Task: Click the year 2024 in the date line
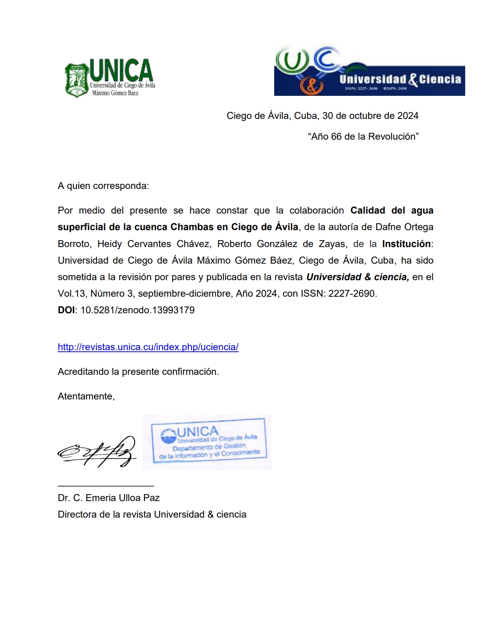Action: [x=407, y=116]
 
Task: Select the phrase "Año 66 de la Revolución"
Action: [x=363, y=137]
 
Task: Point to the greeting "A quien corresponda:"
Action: [x=103, y=186]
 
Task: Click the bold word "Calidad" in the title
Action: [x=367, y=211]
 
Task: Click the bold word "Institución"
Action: [x=406, y=244]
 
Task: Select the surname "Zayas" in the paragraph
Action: [x=332, y=244]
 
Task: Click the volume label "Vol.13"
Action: [x=71, y=294]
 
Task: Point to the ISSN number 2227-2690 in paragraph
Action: [x=351, y=294]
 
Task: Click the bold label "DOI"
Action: [x=66, y=310]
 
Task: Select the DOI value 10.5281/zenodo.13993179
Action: [x=137, y=310]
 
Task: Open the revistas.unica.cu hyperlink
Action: [x=148, y=347]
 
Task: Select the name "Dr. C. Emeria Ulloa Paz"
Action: [x=109, y=498]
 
